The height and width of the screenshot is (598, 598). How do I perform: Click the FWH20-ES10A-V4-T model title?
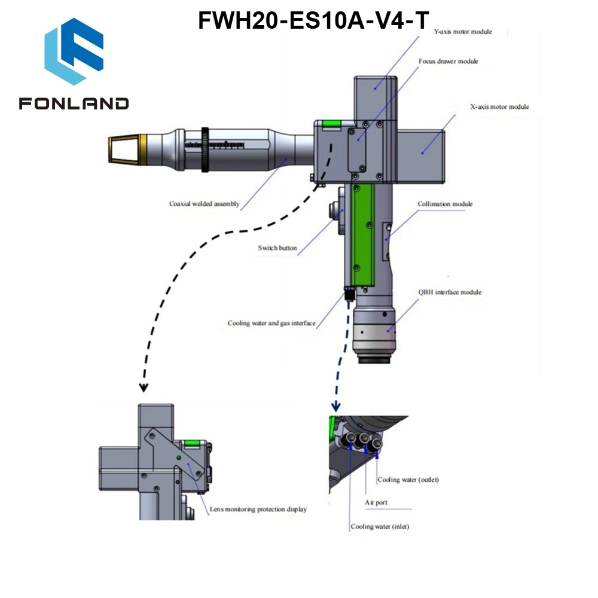pos(313,20)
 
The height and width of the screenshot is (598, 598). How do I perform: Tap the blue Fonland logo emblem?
pos(74,51)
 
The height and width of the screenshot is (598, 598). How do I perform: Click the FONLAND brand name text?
pos(74,103)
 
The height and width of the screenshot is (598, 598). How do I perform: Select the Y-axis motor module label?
pos(463,32)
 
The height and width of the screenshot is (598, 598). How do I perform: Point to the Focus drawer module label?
pos(448,61)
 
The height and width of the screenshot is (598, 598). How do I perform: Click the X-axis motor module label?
pos(499,107)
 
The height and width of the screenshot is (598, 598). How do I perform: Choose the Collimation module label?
pos(445,204)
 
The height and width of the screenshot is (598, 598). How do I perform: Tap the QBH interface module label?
pos(450,292)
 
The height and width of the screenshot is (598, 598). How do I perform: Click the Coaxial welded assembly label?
pos(204,204)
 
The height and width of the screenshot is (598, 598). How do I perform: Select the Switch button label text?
pos(277,248)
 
